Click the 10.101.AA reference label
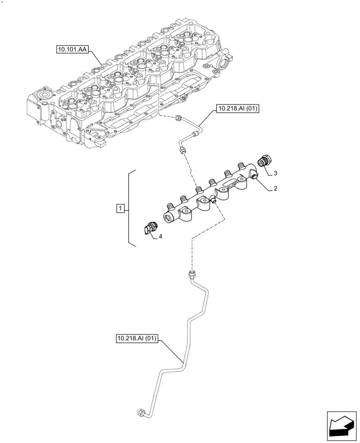[x=72, y=50]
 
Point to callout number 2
[x=275, y=188]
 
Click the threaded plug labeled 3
[x=265, y=160]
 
